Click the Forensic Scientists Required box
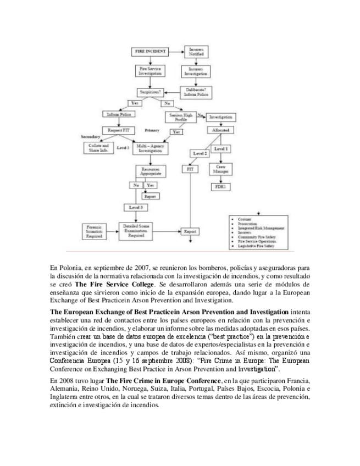click(96, 230)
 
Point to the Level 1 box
click(221, 148)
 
